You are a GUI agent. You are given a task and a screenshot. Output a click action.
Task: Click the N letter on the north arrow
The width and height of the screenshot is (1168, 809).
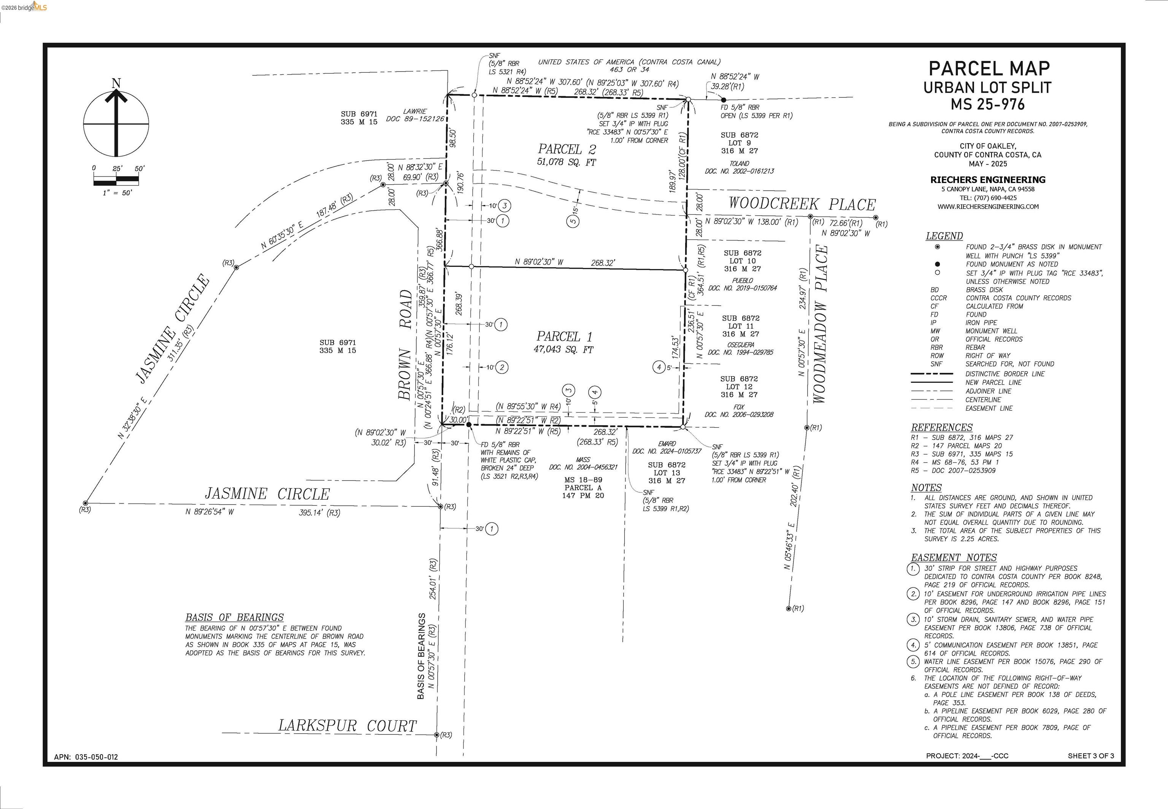click(x=116, y=83)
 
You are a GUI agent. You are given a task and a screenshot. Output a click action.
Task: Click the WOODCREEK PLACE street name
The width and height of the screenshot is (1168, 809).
click(x=802, y=204)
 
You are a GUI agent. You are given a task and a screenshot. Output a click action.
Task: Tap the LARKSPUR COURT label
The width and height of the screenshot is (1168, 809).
click(x=348, y=726)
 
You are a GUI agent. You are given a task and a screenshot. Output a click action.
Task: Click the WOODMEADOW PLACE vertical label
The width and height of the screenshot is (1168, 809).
click(x=820, y=325)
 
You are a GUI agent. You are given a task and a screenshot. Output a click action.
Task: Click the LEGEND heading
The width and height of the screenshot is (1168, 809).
click(x=944, y=236)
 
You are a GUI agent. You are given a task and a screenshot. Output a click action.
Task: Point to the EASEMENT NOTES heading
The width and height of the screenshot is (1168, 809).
click(x=954, y=557)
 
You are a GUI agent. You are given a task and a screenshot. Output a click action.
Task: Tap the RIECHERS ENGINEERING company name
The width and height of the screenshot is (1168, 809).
click(x=988, y=180)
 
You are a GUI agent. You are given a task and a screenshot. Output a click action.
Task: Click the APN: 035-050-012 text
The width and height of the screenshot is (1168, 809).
click(x=86, y=757)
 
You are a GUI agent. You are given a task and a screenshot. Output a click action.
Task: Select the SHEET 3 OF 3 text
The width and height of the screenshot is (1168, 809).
click(x=1090, y=756)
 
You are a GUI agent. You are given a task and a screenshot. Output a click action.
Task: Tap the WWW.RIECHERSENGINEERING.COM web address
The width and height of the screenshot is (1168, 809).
click(x=988, y=207)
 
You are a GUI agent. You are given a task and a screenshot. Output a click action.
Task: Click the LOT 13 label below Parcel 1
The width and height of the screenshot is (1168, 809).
click(x=667, y=472)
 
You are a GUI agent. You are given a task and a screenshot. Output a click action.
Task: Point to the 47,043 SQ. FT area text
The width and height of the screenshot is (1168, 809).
click(x=563, y=350)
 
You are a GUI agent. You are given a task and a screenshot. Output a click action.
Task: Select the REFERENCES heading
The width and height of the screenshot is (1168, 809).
click(x=942, y=427)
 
